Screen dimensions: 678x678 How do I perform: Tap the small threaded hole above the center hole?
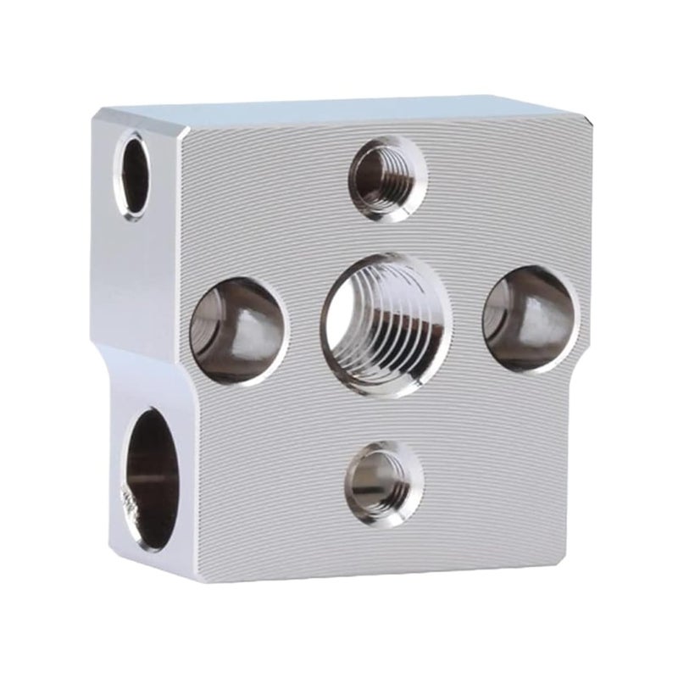tap(389, 179)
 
